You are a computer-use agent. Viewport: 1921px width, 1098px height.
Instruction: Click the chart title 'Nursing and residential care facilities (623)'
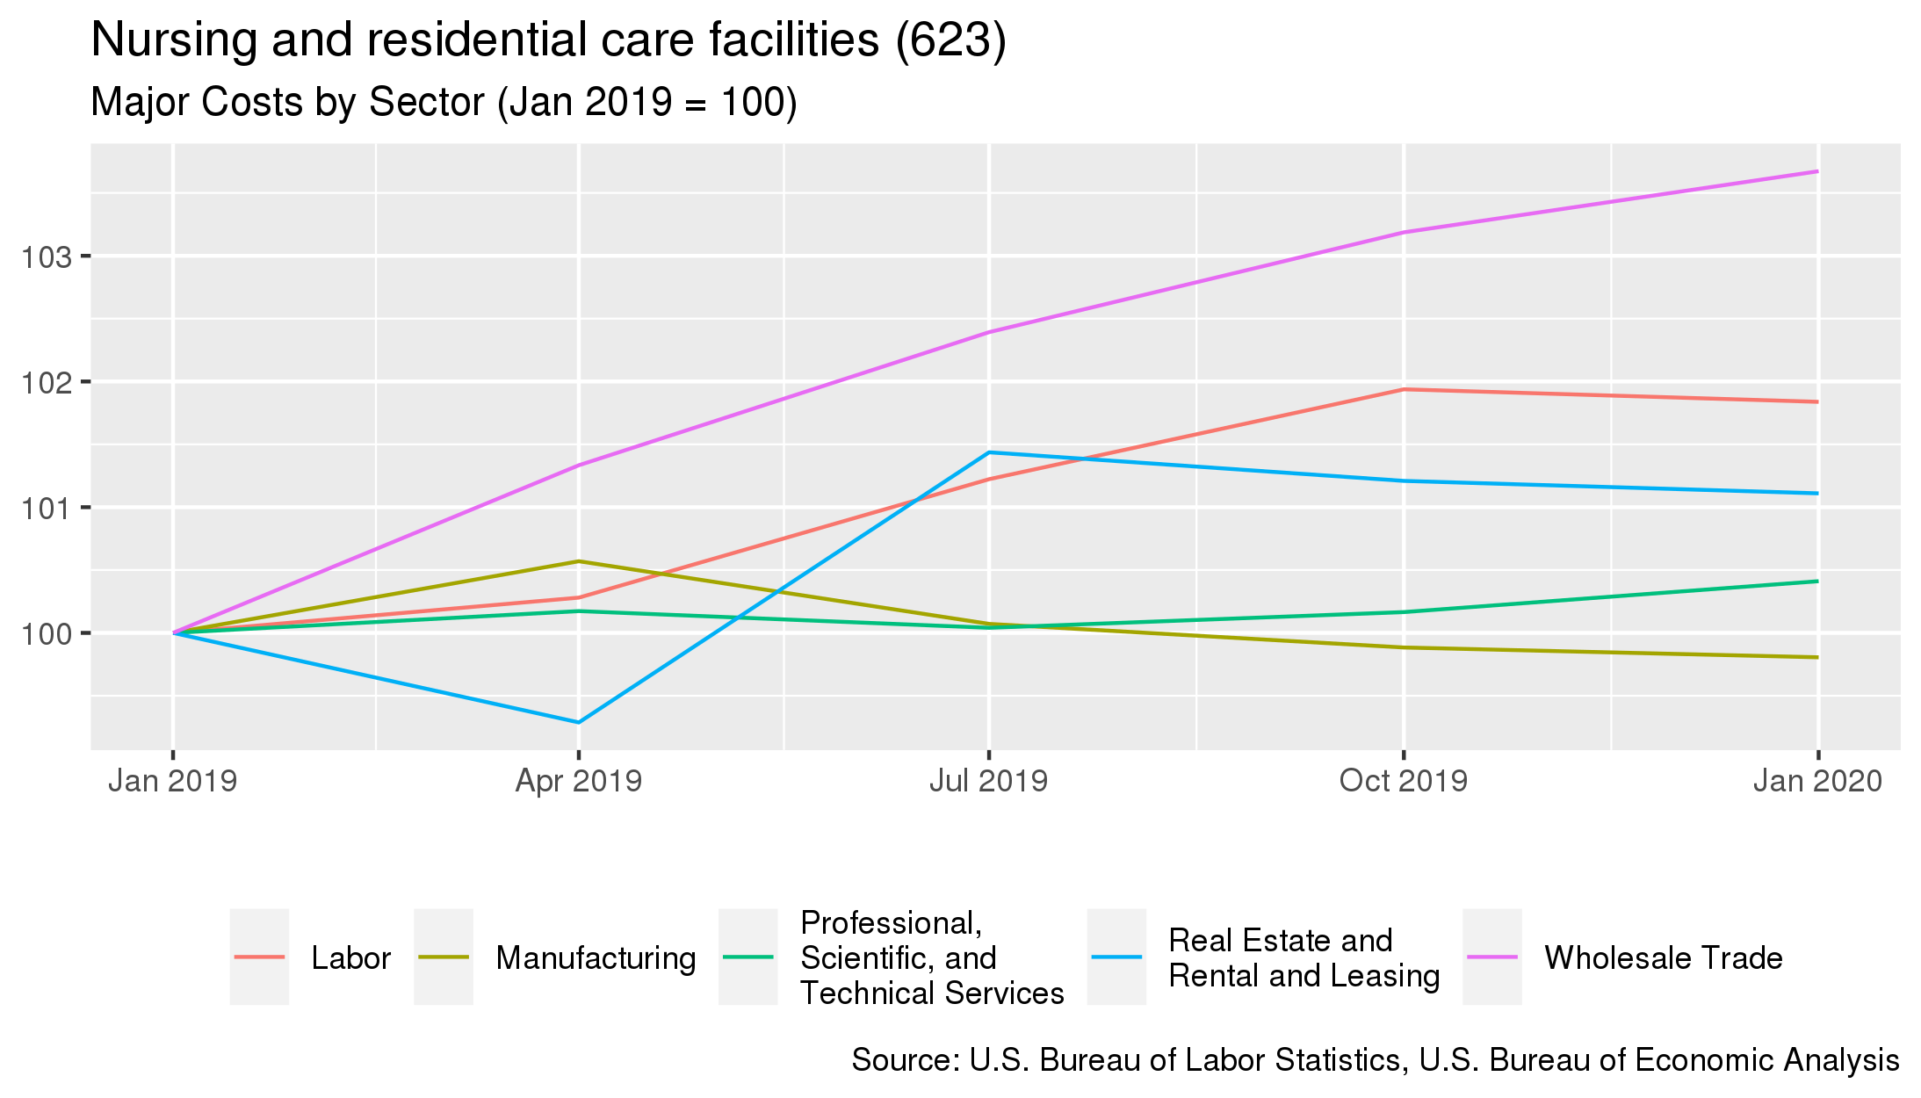[548, 40]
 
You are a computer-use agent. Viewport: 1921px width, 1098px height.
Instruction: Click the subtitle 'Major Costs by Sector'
[444, 103]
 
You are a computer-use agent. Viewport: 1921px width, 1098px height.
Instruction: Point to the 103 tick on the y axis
[51, 257]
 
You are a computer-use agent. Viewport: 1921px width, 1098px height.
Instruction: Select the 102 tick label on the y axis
[51, 383]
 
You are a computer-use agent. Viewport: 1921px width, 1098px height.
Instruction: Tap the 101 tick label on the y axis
[51, 509]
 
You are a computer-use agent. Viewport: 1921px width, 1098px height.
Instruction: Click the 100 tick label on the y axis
[51, 634]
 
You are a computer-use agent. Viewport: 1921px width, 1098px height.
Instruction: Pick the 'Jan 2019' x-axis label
[173, 781]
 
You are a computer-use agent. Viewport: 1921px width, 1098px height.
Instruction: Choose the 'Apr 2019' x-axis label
[578, 781]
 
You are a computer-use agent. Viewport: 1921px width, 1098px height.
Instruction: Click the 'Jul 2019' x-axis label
[989, 781]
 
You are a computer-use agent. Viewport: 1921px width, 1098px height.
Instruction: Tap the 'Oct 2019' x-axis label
[1404, 781]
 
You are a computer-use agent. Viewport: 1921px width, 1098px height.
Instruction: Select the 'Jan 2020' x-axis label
[1817, 781]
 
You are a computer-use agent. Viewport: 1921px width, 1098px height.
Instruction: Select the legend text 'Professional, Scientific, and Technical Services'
[931, 957]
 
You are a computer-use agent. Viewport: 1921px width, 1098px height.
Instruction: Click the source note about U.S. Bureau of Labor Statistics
[1375, 1060]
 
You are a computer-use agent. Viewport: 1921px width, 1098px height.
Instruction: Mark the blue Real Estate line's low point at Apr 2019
[578, 723]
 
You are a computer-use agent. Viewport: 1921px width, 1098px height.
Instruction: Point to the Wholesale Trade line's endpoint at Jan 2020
[1817, 171]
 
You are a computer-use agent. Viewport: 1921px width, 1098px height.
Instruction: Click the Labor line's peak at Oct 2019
[1404, 389]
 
